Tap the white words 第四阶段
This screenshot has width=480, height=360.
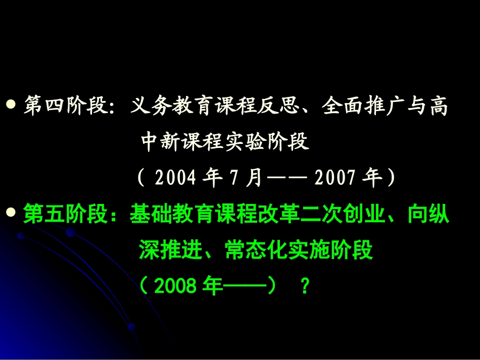tap(64, 107)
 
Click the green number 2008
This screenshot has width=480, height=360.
tap(175, 287)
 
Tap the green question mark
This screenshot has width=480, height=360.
tap(304, 287)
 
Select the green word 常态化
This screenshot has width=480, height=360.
tap(252, 251)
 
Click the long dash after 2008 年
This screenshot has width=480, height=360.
tap(245, 287)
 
